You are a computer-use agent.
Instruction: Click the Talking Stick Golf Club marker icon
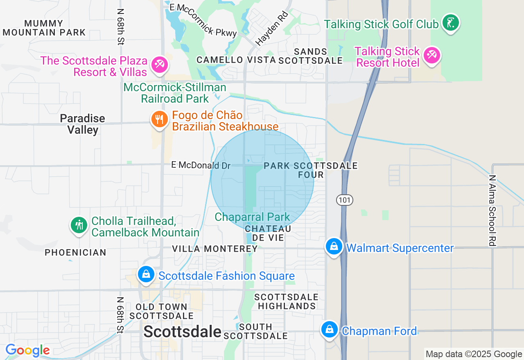pyautogui.click(x=450, y=23)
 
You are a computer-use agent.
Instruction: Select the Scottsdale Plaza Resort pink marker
pyautogui.click(x=159, y=65)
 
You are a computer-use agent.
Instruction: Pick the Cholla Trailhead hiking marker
pyautogui.click(x=79, y=225)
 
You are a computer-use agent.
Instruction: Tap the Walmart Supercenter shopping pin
pyautogui.click(x=334, y=247)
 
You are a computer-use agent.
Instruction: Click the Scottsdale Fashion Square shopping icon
pyautogui.click(x=146, y=274)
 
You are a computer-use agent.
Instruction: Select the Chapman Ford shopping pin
pyautogui.click(x=329, y=329)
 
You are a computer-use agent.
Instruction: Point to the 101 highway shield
pyautogui.click(x=345, y=200)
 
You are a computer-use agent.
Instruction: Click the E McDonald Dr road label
pyautogui.click(x=201, y=165)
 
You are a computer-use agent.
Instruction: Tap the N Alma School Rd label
pyautogui.click(x=492, y=211)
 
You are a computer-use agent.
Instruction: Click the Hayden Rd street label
pyautogui.click(x=272, y=28)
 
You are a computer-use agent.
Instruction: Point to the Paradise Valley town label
pyautogui.click(x=83, y=124)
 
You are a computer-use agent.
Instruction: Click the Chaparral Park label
pyautogui.click(x=252, y=217)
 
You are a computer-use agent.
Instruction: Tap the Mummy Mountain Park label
pyautogui.click(x=44, y=28)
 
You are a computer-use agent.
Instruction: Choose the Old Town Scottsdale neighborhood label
pyautogui.click(x=161, y=311)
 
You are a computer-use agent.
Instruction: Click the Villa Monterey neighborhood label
pyautogui.click(x=215, y=249)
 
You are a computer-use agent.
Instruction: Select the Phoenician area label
pyautogui.click(x=75, y=252)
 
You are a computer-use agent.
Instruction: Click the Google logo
pyautogui.click(x=27, y=351)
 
